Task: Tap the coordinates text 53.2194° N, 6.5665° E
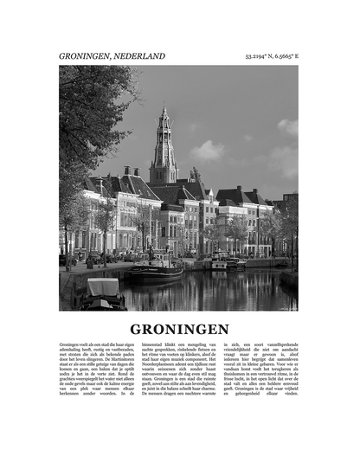click(x=271, y=57)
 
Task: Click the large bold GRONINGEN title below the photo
click(x=179, y=329)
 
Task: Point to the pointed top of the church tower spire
click(x=163, y=106)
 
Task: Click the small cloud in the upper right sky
click(x=287, y=127)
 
